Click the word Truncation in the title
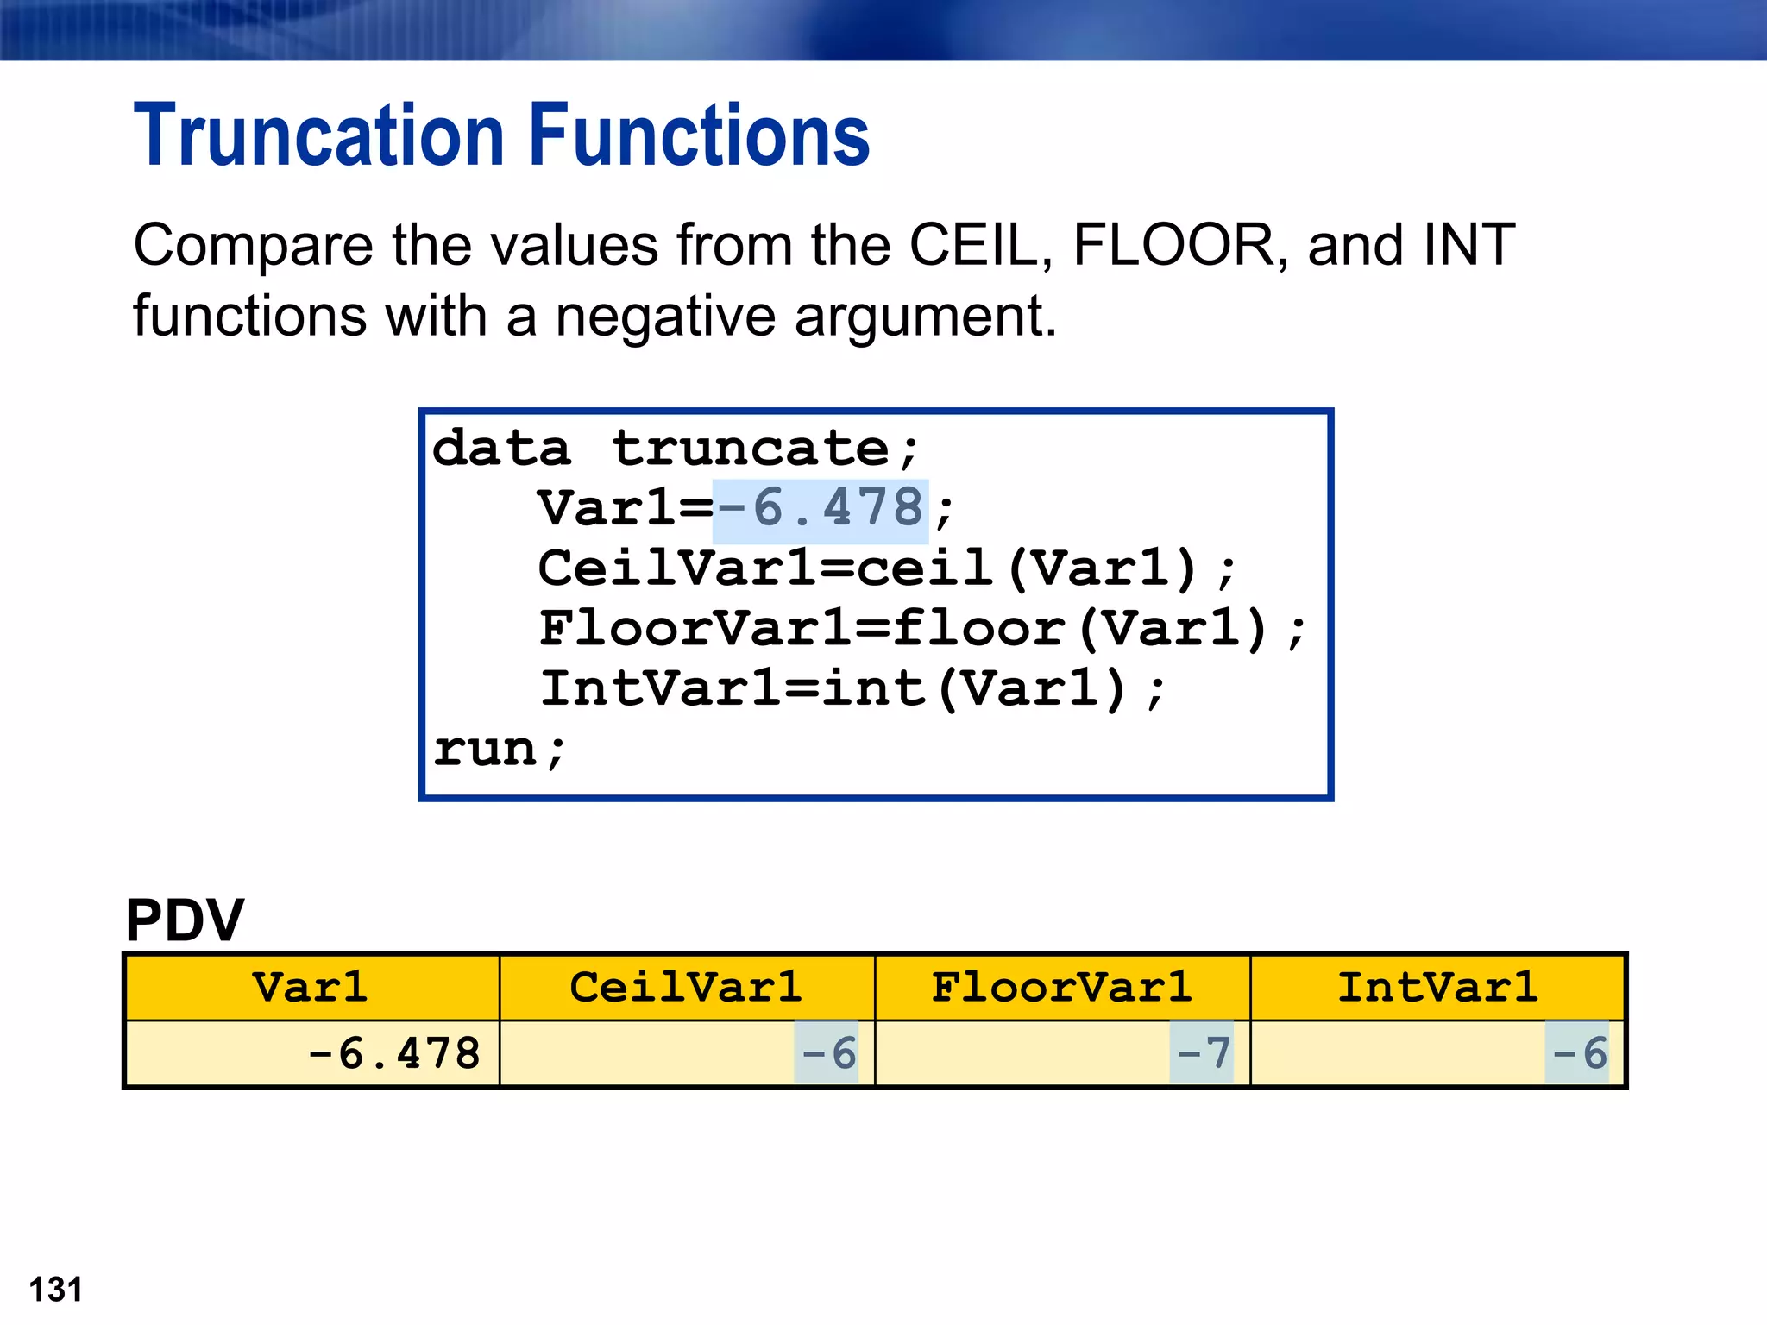click(x=318, y=135)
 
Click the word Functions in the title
click(x=698, y=135)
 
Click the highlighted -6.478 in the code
click(x=820, y=509)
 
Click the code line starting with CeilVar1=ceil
click(x=887, y=569)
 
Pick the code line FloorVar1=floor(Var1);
click(x=921, y=629)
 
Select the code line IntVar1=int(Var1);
click(x=852, y=689)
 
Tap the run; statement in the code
click(x=500, y=749)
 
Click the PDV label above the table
click(x=185, y=920)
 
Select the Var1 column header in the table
click(x=311, y=987)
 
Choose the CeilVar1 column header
click(x=686, y=987)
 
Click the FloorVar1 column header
click(x=1062, y=987)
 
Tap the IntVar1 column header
click(x=1437, y=987)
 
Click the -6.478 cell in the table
click(x=393, y=1053)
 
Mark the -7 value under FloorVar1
click(x=1203, y=1053)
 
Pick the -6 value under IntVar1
click(x=1578, y=1053)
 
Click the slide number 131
click(x=55, y=1290)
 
